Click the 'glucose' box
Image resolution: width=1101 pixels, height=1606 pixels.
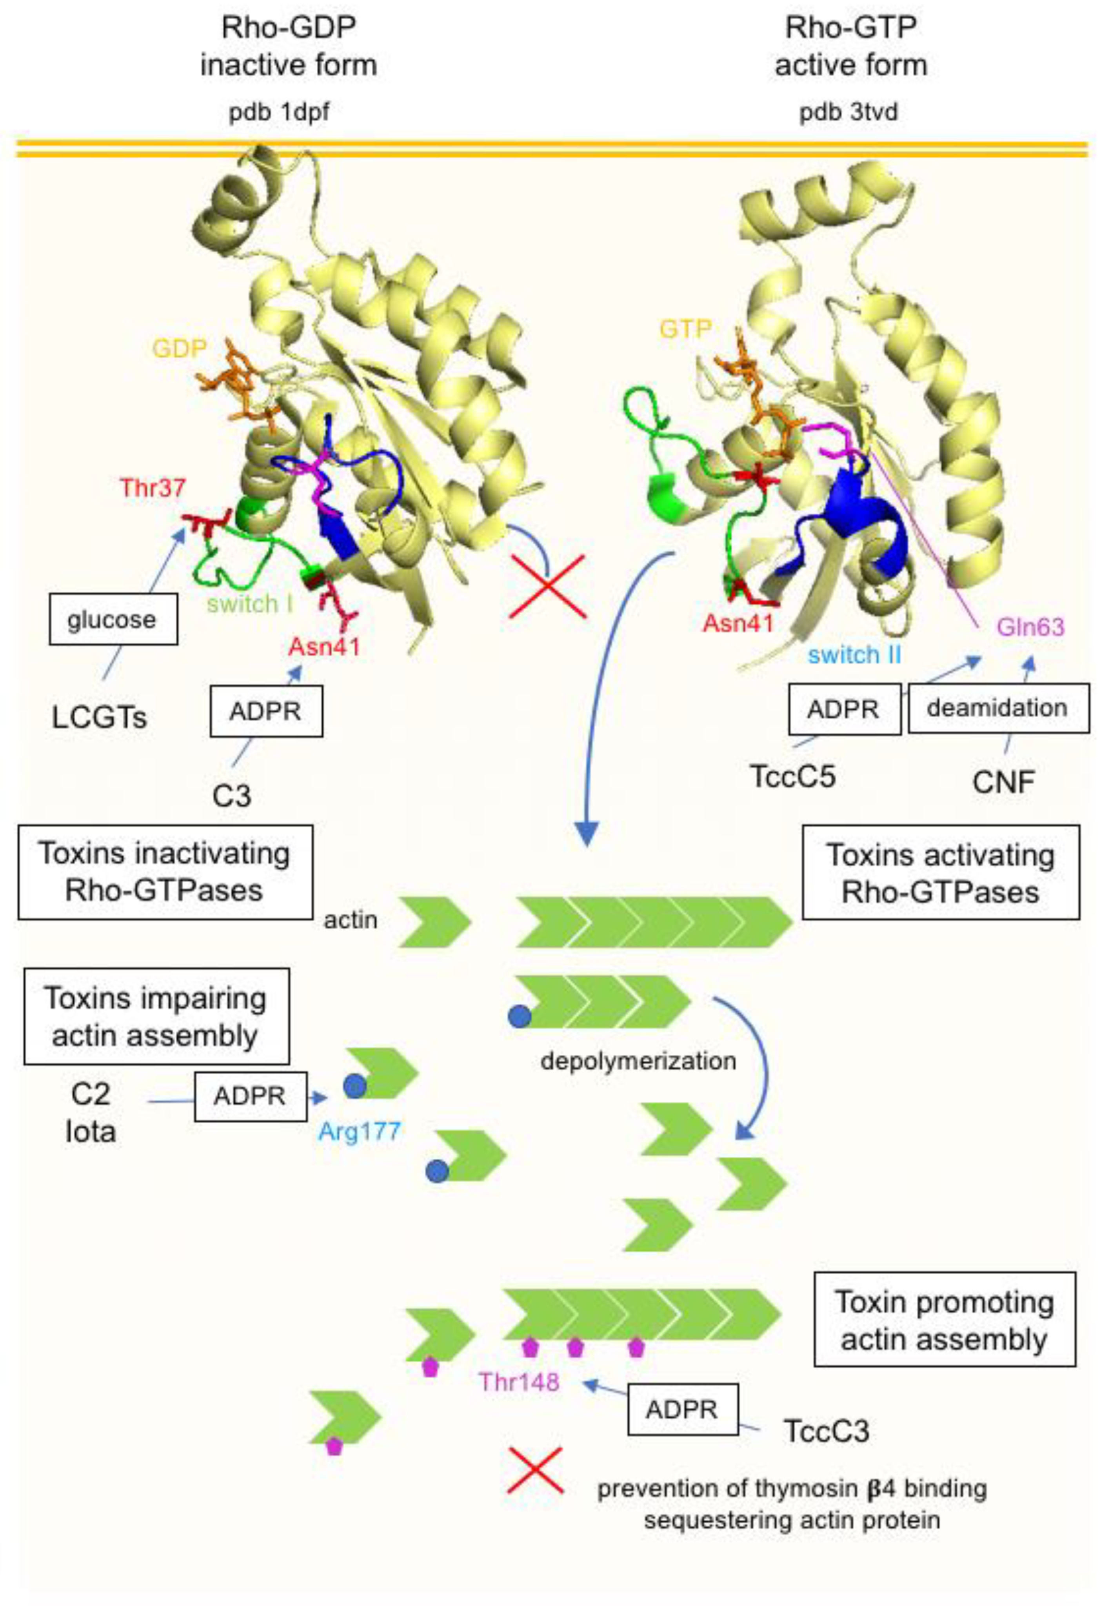tap(113, 620)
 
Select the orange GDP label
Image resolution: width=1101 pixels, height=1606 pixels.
tap(180, 348)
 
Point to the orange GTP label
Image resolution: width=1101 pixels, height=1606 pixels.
tap(685, 329)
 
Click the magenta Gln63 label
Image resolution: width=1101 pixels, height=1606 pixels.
tap(1030, 627)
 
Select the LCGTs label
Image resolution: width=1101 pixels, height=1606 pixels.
tap(100, 718)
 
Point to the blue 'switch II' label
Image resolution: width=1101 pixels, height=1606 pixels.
tap(854, 654)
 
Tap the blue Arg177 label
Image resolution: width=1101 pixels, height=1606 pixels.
tap(360, 1131)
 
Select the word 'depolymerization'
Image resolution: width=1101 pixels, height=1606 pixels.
tap(638, 1060)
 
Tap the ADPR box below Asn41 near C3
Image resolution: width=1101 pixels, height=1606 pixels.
tap(266, 711)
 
